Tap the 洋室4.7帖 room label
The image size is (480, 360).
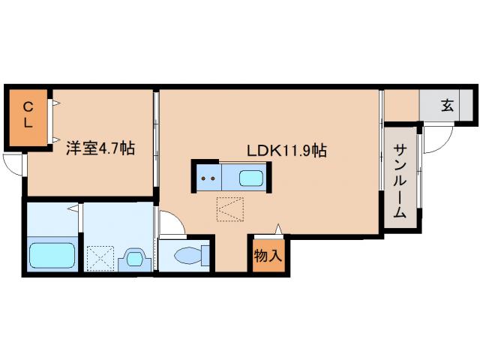point(99,148)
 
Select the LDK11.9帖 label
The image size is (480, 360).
point(286,150)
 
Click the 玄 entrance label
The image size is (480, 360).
point(447,106)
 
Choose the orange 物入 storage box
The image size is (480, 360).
point(268,256)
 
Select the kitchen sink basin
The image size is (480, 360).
point(250,178)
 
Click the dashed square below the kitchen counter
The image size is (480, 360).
point(230,209)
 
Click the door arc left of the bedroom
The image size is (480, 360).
point(12,163)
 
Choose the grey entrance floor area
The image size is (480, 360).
point(447,106)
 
